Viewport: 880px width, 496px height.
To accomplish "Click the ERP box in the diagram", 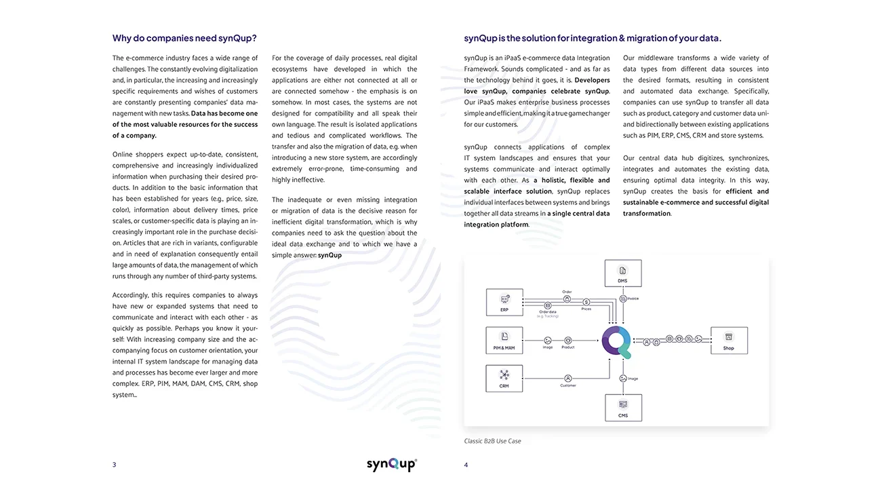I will coord(504,302).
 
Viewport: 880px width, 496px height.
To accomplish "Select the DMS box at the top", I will coord(622,273).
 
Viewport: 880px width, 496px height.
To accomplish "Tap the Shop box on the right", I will coord(728,341).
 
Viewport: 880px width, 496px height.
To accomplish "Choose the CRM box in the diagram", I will coord(504,378).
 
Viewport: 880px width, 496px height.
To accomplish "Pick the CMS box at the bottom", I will coord(622,408).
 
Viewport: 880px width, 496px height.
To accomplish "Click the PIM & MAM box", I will coord(504,340).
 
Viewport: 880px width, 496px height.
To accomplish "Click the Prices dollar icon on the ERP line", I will coord(586,302).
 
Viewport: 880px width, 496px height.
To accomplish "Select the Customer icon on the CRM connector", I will coord(567,379).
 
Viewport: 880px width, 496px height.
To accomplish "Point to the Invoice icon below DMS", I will coord(623,299).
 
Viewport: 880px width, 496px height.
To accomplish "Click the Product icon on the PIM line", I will coord(568,340).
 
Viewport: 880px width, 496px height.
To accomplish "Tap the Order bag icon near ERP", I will coord(567,299).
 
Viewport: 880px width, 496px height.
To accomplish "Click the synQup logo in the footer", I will coord(392,464).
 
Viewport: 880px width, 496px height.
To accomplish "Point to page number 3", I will coord(114,465).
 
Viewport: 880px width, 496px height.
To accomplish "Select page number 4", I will coord(466,465).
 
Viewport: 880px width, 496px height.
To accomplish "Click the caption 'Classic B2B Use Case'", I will coord(492,441).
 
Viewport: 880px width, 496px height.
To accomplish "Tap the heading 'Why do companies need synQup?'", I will coord(184,38).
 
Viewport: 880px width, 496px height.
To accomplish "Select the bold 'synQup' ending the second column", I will coord(329,255).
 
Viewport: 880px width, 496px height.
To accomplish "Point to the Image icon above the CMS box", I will coord(623,379).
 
